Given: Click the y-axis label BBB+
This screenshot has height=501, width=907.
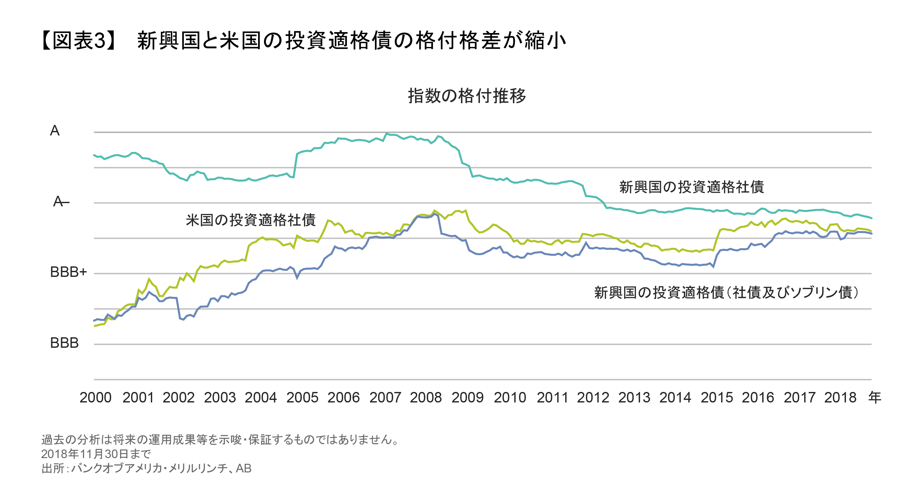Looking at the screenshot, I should click(x=68, y=272).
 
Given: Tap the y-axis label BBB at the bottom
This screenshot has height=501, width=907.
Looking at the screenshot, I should click(x=64, y=343).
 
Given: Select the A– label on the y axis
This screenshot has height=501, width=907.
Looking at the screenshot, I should click(x=60, y=202).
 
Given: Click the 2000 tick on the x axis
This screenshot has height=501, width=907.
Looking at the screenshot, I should click(x=95, y=398).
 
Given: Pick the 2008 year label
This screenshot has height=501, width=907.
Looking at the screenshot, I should click(x=426, y=398).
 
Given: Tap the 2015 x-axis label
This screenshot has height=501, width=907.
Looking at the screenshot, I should click(x=716, y=398).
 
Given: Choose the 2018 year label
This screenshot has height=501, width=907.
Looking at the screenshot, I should click(x=840, y=398).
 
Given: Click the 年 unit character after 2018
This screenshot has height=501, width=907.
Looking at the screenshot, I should click(x=875, y=397).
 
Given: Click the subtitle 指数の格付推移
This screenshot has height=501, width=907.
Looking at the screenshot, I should click(x=467, y=96).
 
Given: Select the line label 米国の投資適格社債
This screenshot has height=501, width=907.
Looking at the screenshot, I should click(x=251, y=220).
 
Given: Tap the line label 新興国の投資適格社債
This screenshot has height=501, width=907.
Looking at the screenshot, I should click(x=692, y=187).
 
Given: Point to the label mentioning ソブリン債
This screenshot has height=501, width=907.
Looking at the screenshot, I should click(x=726, y=292).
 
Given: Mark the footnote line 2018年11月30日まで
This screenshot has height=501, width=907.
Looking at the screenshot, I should click(x=96, y=454).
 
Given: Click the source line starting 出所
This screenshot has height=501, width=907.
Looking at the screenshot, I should click(x=146, y=468).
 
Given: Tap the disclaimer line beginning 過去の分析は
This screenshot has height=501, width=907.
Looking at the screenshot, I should click(x=220, y=439).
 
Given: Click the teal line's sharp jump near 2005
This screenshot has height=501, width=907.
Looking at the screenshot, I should click(x=295, y=165).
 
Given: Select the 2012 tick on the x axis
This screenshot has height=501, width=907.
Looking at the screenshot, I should click(x=593, y=398).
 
